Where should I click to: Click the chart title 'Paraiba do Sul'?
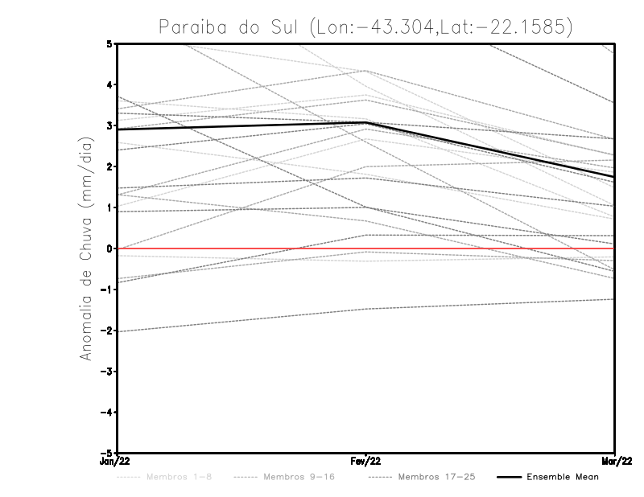coord(229,27)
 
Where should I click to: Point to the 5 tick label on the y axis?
coord(109,43)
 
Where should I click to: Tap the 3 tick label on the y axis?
coord(109,125)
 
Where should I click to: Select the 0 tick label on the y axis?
coord(109,249)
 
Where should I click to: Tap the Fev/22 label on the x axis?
coord(366,462)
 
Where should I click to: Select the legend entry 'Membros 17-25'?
coord(436,477)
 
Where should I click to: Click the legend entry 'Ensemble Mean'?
coord(562,477)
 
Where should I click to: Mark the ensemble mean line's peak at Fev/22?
coord(366,122)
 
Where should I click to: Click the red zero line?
coord(242,249)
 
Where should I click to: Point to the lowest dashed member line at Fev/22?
coord(366,309)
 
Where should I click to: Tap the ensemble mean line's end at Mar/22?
coord(614,177)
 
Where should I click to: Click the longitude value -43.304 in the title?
coord(413,27)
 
